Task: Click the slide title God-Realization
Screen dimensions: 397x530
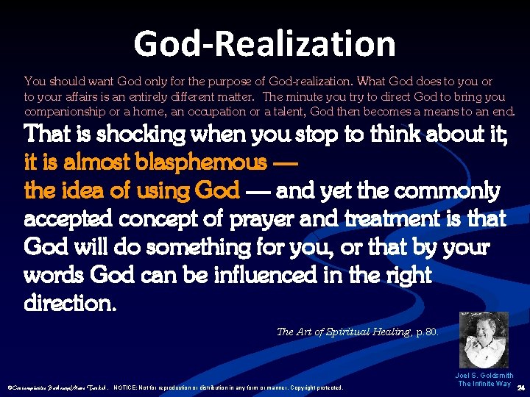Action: point(264,43)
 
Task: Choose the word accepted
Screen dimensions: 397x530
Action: point(73,218)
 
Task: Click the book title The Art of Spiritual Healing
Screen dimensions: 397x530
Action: point(333,332)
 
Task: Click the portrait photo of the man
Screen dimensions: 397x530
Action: point(484,340)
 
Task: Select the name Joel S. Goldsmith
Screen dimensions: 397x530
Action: point(484,375)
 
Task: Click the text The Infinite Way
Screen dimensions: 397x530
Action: point(484,384)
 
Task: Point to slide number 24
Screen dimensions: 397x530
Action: point(521,387)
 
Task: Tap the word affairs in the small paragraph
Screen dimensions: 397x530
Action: point(63,96)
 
